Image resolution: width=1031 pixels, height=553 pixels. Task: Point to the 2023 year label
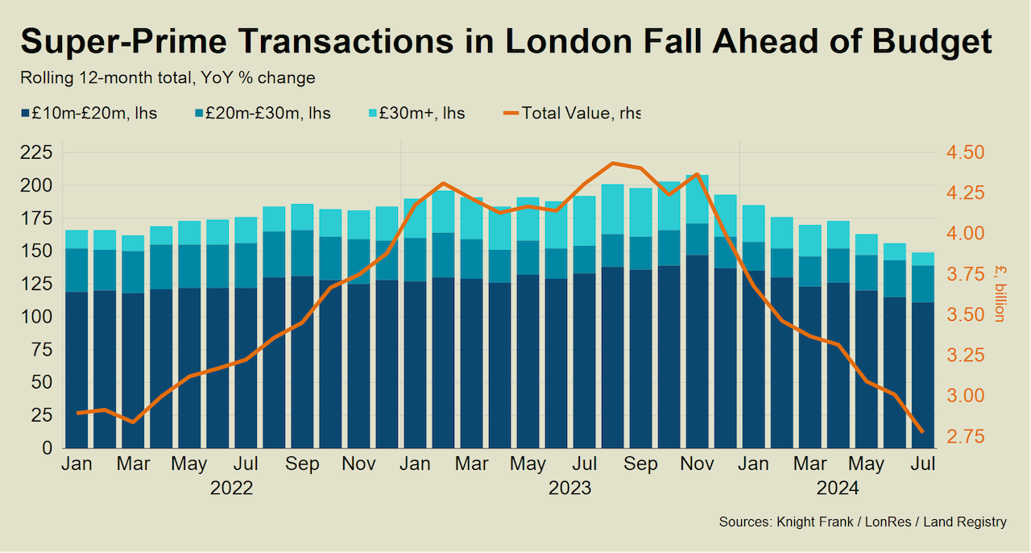coord(569,489)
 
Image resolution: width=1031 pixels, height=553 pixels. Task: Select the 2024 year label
coord(838,489)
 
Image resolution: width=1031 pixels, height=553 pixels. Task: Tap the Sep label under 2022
coord(302,465)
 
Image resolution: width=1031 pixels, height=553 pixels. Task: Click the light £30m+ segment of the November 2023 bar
coord(697,199)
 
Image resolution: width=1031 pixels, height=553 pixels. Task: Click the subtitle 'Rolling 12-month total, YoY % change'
coord(168,78)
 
